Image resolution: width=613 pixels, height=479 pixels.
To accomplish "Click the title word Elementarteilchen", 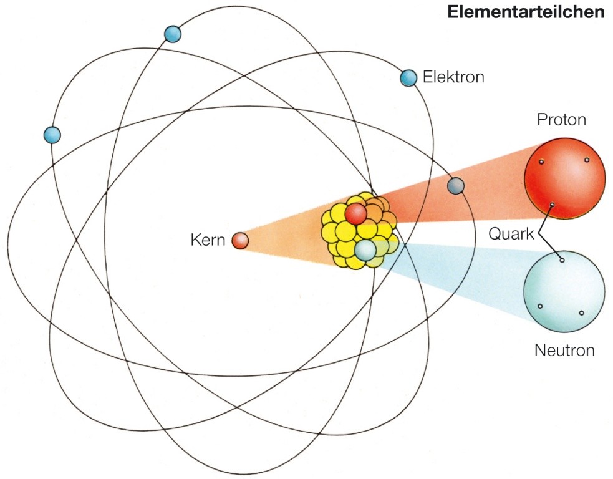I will [x=526, y=12].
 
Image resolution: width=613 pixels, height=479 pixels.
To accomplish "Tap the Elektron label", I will [x=453, y=77].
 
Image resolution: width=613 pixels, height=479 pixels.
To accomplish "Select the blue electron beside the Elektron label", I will [x=408, y=77].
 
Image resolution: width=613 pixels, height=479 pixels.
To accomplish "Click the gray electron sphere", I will [x=456, y=185].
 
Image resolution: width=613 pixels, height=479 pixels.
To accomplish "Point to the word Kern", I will [x=208, y=240].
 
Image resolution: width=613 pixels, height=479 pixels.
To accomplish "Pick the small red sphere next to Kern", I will [x=240, y=240].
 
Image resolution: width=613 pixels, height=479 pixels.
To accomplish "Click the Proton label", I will [x=562, y=119].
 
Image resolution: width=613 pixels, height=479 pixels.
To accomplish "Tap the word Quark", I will [x=511, y=234].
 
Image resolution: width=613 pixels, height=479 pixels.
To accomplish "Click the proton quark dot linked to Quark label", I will [x=552, y=205].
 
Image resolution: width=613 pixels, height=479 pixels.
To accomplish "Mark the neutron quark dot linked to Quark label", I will [x=562, y=259].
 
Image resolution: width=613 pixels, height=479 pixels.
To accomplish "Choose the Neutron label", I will [x=564, y=350].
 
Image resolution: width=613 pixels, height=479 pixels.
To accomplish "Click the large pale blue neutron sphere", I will [x=564, y=291].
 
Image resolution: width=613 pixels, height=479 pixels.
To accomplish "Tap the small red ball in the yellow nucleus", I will [x=355, y=214].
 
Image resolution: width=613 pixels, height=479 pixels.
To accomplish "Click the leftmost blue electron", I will [x=52, y=134].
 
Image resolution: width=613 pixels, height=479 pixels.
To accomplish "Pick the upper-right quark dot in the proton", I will [x=587, y=160].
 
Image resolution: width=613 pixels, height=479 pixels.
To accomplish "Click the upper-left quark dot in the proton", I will [x=542, y=162].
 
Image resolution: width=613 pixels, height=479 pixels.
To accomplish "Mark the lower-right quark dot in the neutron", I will [x=581, y=312].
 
